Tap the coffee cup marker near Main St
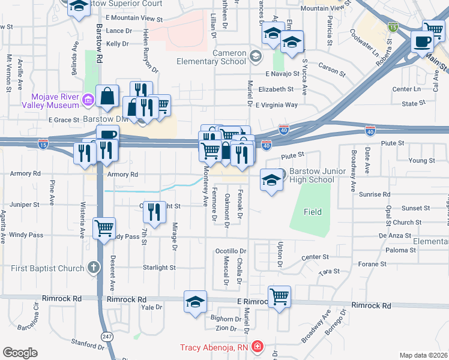click(x=422, y=41)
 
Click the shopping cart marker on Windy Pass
click(x=104, y=227)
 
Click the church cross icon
click(x=94, y=266)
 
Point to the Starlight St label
click(x=159, y=268)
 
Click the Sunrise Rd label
click(x=375, y=194)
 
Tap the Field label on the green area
click(x=312, y=212)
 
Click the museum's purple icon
click(x=88, y=99)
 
